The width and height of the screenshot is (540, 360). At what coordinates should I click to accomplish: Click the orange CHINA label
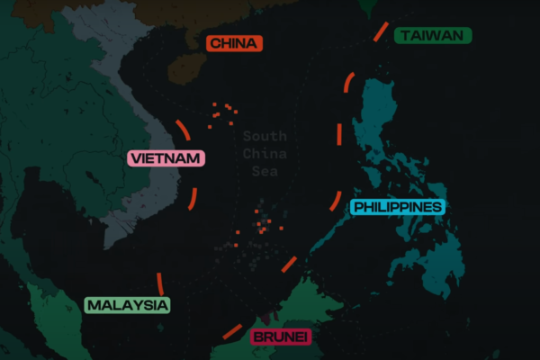click(x=234, y=43)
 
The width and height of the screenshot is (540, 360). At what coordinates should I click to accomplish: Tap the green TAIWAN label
click(x=433, y=35)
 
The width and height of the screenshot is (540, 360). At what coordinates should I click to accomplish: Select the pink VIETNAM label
click(x=166, y=159)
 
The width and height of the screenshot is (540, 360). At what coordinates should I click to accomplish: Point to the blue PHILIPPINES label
click(x=398, y=207)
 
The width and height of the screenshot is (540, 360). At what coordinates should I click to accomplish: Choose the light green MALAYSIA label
click(x=127, y=305)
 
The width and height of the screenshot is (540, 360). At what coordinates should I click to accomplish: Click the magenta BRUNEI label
click(x=281, y=337)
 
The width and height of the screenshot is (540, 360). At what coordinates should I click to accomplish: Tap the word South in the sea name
click(x=265, y=137)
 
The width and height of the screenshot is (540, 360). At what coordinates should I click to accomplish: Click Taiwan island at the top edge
click(x=367, y=7)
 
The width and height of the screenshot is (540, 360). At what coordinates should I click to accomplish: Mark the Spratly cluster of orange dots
click(x=262, y=225)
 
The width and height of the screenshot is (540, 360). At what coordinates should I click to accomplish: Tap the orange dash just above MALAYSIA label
click(x=160, y=282)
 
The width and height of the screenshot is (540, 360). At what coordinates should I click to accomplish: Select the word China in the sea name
click(x=265, y=154)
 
